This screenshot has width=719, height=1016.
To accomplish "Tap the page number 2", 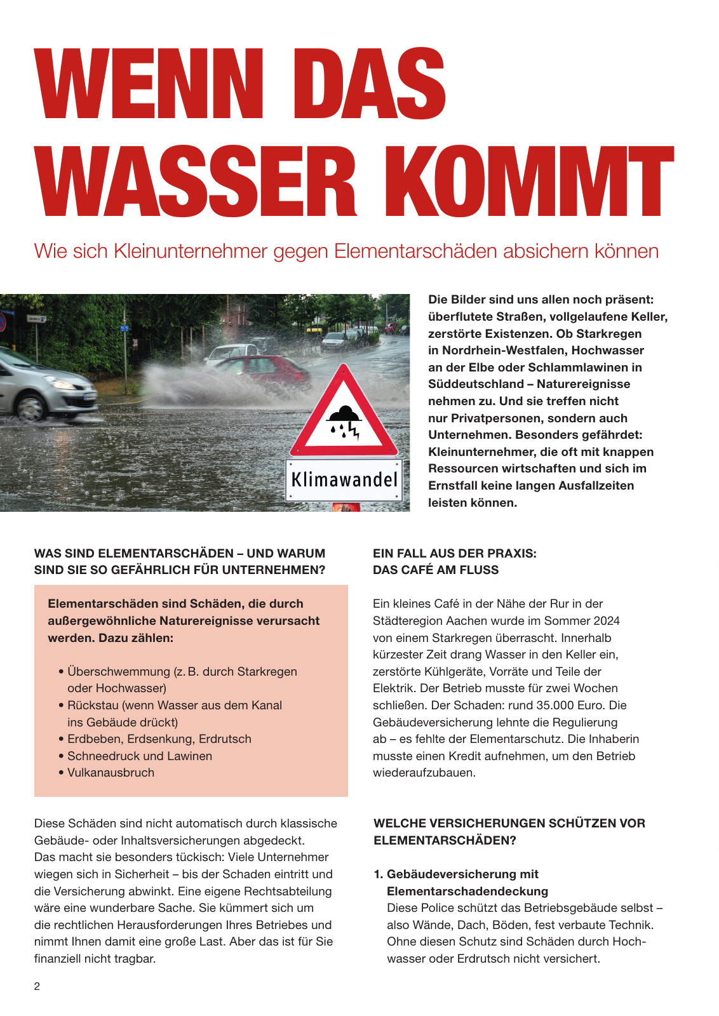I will pos(37,986).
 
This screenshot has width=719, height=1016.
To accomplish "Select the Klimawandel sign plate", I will pos(344,480).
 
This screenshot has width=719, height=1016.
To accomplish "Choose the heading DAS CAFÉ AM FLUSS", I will pos(436,570).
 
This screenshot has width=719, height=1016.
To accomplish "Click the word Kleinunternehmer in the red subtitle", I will pos(191,251).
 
